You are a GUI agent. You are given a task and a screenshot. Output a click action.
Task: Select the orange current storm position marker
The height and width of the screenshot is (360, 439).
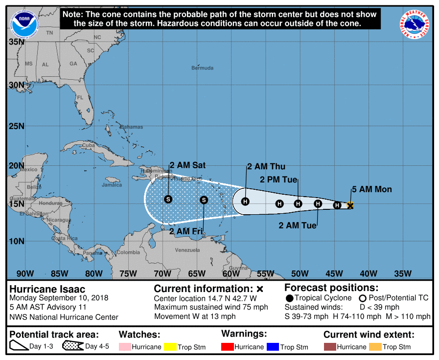350,205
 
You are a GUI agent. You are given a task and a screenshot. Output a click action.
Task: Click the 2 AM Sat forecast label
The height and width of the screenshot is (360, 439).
187,165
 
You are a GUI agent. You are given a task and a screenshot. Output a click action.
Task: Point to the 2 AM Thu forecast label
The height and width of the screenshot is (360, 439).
266,167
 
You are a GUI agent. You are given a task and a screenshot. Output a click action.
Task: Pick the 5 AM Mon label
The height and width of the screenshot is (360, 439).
371,189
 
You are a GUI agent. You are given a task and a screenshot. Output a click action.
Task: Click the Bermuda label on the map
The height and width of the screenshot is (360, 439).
203,68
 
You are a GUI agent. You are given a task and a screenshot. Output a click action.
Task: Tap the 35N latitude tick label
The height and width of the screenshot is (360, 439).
16,42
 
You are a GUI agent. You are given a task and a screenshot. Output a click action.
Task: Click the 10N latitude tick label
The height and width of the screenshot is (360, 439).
16,241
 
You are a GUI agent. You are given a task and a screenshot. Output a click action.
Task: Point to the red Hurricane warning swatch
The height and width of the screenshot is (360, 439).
227,347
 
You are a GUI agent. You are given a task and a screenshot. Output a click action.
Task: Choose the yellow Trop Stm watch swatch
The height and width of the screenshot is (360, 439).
170,347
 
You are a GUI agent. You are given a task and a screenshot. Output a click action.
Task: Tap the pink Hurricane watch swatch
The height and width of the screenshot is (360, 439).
125,347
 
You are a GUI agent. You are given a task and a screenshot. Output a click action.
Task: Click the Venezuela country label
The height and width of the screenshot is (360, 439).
187,250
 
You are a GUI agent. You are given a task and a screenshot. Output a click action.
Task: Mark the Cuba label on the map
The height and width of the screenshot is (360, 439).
88,145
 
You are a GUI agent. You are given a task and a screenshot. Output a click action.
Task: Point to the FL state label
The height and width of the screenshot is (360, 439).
80,97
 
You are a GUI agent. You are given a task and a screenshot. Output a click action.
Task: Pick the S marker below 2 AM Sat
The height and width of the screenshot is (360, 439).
168,199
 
